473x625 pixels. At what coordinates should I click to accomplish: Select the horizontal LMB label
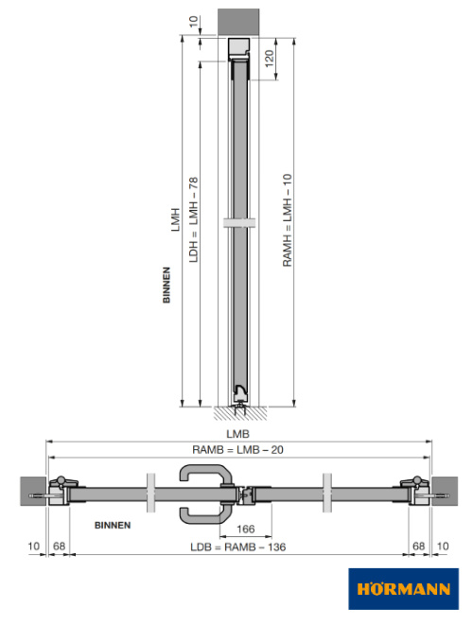[236, 433]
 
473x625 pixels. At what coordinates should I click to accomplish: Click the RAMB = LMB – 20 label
[237, 449]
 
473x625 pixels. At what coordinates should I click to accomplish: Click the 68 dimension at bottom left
[59, 547]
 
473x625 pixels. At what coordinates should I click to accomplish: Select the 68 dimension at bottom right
[418, 547]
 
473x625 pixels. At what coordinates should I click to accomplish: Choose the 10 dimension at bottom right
[444, 547]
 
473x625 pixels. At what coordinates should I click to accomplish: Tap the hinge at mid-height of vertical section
[241, 222]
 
